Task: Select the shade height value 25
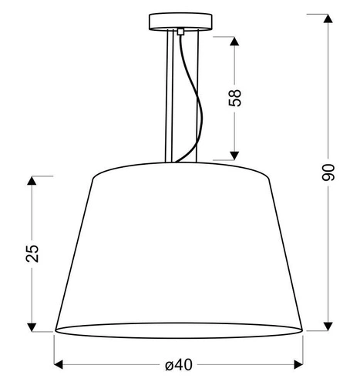32,253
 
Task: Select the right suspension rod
197,92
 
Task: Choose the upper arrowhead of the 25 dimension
32,181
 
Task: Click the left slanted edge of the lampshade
75,254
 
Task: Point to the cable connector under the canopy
180,33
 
